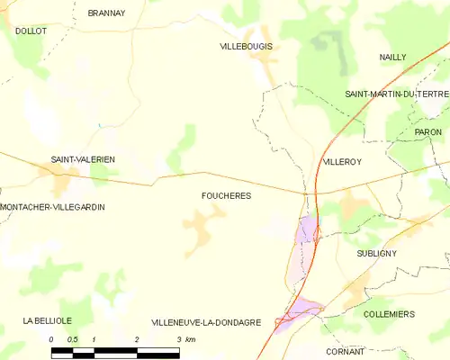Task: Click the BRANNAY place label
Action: point(106,13)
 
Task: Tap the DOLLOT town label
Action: point(31,31)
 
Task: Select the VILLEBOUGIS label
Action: point(246,46)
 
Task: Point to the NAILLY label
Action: point(392,57)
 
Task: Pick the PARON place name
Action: point(427,132)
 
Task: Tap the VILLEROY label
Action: point(341,162)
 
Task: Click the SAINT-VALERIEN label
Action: point(83,159)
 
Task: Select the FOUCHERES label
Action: point(227,195)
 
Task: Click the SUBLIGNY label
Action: point(376,254)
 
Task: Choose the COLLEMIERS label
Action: point(389,314)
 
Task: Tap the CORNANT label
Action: point(346,351)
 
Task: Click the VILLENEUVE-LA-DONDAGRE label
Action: point(206,322)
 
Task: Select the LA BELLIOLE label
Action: point(48,320)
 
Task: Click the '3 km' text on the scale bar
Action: point(186,339)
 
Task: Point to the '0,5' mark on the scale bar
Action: point(74,339)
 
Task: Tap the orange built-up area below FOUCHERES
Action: point(203,221)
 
